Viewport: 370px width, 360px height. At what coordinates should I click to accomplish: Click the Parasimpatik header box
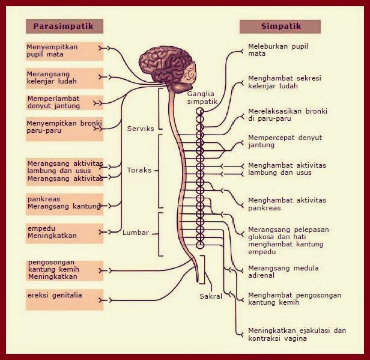[64, 26]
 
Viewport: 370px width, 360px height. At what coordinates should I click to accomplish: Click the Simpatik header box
[280, 26]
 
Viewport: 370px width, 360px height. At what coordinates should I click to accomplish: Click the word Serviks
[141, 129]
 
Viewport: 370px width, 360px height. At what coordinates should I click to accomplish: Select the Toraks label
[139, 170]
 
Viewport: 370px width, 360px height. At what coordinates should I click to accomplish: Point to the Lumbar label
[136, 233]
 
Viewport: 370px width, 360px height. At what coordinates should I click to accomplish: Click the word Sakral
[211, 296]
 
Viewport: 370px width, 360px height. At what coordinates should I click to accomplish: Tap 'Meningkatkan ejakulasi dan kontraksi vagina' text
[297, 335]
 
